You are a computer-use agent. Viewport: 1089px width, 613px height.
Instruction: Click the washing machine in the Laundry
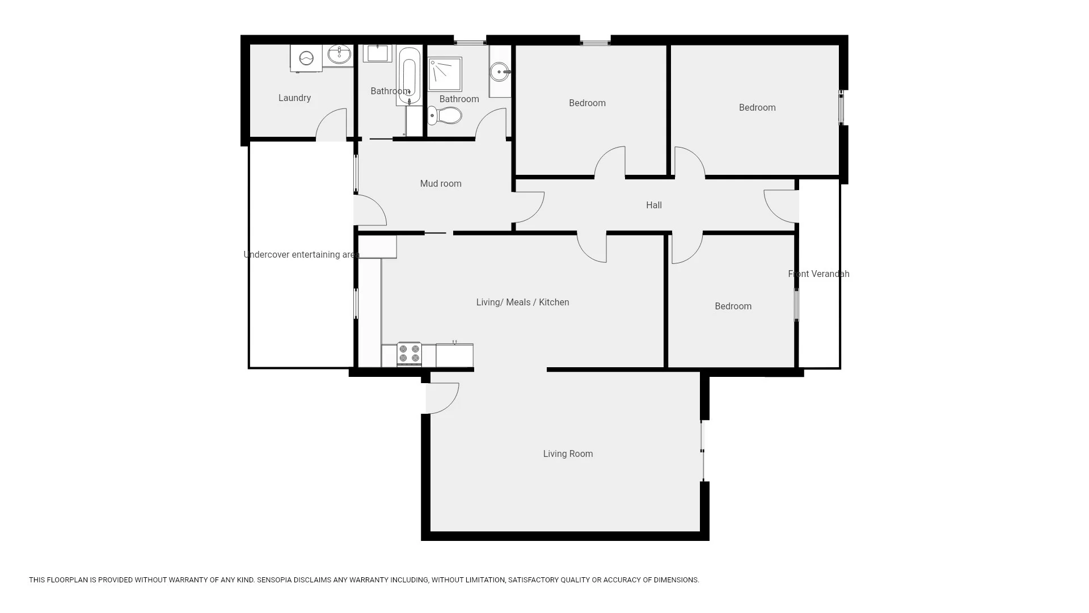tap(306, 58)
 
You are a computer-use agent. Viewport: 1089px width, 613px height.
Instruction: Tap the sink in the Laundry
tap(340, 55)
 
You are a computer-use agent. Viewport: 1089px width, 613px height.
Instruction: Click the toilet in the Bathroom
tap(445, 116)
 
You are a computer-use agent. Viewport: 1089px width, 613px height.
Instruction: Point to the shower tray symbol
tap(445, 74)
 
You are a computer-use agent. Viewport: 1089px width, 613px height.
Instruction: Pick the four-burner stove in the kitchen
tap(409, 354)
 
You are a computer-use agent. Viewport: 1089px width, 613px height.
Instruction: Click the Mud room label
tap(441, 183)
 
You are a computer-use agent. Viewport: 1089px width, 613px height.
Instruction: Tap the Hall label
tap(653, 205)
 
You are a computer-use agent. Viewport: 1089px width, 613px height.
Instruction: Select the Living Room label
tap(568, 454)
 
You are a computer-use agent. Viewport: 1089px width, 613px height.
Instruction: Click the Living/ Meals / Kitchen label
tap(522, 302)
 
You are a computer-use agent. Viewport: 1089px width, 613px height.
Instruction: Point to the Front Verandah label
tap(818, 274)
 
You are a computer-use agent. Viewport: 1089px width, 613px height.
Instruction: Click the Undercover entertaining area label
tap(301, 254)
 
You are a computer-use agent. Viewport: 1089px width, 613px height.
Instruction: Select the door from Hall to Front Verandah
tap(782, 205)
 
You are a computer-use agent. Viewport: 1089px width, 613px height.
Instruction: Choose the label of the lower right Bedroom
tap(733, 306)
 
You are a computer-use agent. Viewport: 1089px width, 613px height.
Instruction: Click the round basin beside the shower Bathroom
tap(500, 72)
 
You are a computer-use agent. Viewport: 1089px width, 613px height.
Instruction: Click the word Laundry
tap(294, 98)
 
